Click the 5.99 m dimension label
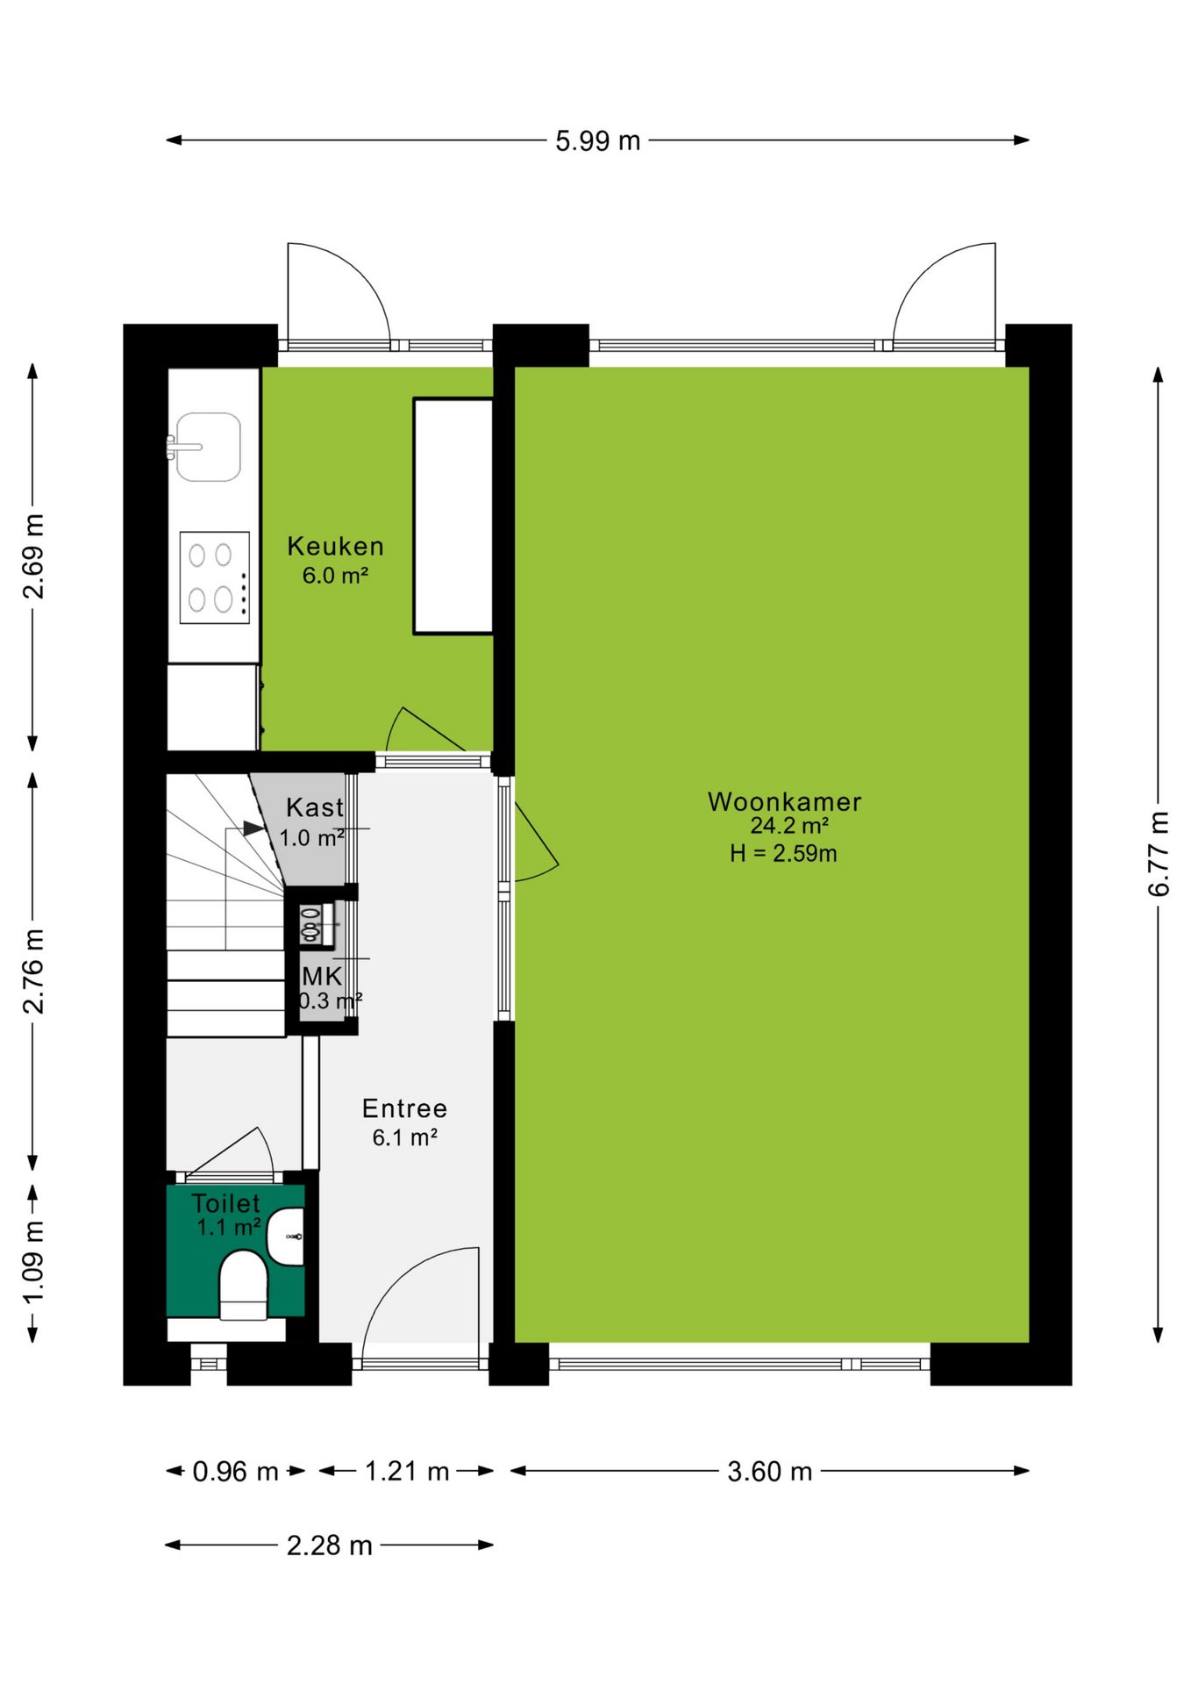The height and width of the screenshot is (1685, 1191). coord(597,140)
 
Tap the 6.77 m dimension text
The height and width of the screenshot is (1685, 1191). coord(1159,854)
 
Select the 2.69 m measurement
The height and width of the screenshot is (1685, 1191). coord(33,557)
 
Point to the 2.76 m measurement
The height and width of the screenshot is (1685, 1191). coord(33,971)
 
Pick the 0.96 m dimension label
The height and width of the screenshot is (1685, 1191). coord(235,1471)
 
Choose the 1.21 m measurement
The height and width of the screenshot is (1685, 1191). coord(407,1471)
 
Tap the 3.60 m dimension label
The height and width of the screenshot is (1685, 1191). coord(769,1471)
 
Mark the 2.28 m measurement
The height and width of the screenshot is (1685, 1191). coord(329,1545)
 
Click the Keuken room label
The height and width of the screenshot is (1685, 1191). coord(336,546)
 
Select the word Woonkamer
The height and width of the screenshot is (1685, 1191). coord(784,801)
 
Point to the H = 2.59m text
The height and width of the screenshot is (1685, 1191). coord(783,853)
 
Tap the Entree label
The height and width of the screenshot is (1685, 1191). coord(404,1108)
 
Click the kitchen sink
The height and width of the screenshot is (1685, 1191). coord(208,447)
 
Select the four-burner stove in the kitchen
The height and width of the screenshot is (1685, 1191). coord(215,577)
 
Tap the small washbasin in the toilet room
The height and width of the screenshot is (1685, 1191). coord(285,1237)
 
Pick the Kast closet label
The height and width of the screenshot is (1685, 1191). coord(315,807)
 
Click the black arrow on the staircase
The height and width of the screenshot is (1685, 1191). coord(253,828)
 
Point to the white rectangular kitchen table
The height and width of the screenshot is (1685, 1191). coord(453,516)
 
